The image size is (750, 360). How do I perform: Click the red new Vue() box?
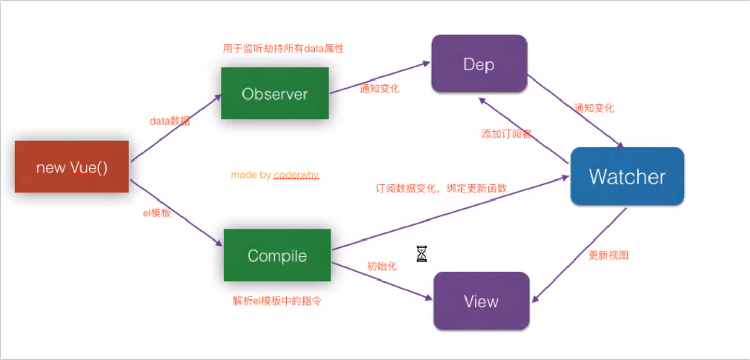point(72,167)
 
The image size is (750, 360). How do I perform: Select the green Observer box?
point(275,93)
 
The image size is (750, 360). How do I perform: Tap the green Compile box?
point(277,255)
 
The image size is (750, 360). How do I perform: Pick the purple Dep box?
point(479,64)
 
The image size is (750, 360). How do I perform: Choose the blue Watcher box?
point(627,176)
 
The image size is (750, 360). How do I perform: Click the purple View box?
point(481,301)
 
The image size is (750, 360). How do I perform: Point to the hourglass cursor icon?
point(421,253)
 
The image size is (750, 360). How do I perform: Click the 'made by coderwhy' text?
point(275,175)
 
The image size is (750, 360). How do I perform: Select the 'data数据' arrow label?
point(170,121)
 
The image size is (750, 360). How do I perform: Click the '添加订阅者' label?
point(506,134)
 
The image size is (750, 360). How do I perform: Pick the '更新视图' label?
point(608,255)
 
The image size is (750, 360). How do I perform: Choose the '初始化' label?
point(382,266)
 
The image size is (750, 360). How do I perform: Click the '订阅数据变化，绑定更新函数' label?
point(441,188)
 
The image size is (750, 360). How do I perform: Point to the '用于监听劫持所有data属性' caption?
point(283,49)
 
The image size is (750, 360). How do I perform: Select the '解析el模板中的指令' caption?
point(277,301)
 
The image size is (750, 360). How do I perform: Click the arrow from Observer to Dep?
point(379,77)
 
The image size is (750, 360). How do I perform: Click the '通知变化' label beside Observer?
point(379,89)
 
